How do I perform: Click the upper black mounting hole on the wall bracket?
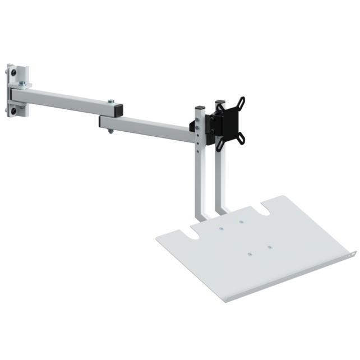coord(13,73)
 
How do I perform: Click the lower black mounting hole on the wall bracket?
coord(13,112)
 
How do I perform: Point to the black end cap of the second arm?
coord(101,121)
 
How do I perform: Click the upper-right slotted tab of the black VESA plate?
coord(241,102)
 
